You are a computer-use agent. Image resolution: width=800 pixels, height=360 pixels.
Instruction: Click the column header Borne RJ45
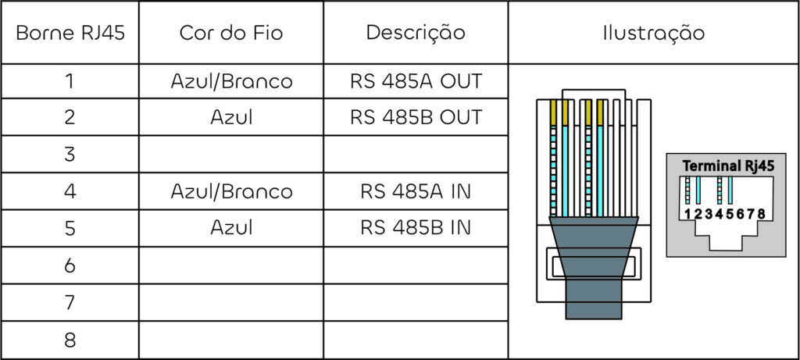pyautogui.click(x=70, y=34)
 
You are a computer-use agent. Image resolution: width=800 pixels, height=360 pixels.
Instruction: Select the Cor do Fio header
pyautogui.click(x=231, y=34)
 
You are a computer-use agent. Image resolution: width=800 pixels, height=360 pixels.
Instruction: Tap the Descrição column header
pyautogui.click(x=416, y=34)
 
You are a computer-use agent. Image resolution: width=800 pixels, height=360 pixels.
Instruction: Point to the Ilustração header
pyautogui.click(x=653, y=34)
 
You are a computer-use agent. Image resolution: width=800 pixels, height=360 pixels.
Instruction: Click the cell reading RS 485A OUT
pyautogui.click(x=416, y=81)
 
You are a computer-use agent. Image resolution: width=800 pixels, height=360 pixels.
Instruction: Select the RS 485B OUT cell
pyautogui.click(x=416, y=118)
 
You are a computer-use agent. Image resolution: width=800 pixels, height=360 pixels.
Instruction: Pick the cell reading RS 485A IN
pyautogui.click(x=416, y=191)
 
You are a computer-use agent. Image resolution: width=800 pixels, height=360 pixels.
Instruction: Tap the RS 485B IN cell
pyautogui.click(x=416, y=228)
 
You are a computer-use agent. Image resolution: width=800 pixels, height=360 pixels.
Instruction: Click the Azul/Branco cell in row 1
pyautogui.click(x=231, y=81)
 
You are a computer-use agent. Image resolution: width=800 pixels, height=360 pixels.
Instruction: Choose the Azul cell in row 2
pyautogui.click(x=231, y=118)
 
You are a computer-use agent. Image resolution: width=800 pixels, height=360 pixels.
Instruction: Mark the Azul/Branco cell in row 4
pyautogui.click(x=231, y=191)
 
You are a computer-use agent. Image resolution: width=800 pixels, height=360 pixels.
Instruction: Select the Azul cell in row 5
pyautogui.click(x=231, y=228)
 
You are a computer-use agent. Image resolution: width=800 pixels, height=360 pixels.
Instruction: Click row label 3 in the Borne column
pyautogui.click(x=70, y=155)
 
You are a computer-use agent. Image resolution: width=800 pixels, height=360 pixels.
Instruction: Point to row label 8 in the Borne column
pyautogui.click(x=70, y=340)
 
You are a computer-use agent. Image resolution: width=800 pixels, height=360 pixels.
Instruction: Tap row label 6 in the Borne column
pyautogui.click(x=70, y=266)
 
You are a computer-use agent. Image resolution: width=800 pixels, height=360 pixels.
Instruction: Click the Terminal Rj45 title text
pyautogui.click(x=727, y=166)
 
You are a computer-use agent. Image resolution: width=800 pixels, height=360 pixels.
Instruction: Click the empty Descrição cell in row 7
pyautogui.click(x=416, y=303)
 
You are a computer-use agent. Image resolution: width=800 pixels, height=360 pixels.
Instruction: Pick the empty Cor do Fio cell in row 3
pyautogui.click(x=231, y=155)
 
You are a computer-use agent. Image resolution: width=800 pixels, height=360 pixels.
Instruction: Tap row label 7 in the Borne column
pyautogui.click(x=70, y=303)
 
